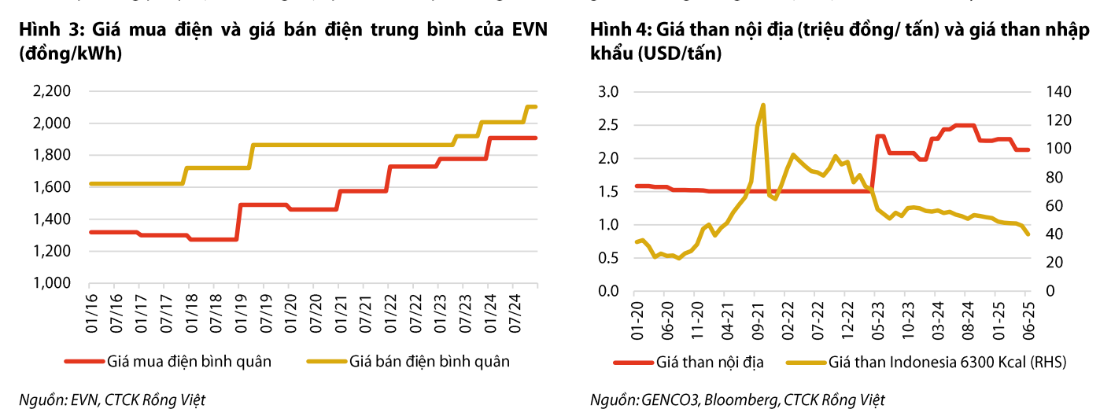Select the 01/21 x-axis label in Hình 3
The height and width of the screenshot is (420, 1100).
(x=339, y=308)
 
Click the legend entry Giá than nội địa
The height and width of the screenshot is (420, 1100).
(x=709, y=363)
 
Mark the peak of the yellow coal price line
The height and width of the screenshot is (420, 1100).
(x=762, y=105)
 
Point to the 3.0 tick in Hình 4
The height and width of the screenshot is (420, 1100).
(x=608, y=92)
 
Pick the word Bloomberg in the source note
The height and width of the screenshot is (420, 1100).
(x=736, y=400)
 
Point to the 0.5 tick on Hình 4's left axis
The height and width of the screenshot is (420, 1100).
(x=608, y=258)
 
